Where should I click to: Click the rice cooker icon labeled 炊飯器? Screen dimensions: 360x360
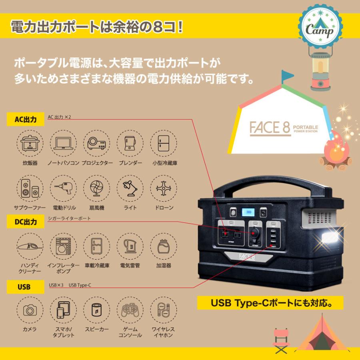30,143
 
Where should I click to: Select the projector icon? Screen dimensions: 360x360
97,143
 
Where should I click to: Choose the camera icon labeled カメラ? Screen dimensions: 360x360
30,310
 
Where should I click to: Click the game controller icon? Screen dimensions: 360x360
130,310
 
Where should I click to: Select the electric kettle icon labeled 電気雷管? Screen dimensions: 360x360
130,247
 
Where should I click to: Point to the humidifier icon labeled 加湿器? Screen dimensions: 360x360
164,247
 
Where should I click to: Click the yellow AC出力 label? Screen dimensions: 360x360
26,119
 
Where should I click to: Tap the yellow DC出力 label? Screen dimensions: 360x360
26,221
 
